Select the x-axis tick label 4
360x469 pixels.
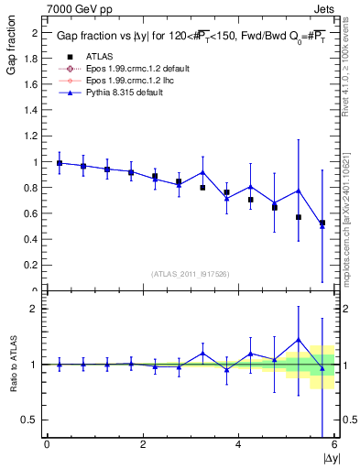point(238,444)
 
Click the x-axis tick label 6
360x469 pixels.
point(333,444)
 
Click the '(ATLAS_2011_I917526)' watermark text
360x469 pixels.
point(191,273)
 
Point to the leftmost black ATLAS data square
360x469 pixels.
point(60,163)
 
